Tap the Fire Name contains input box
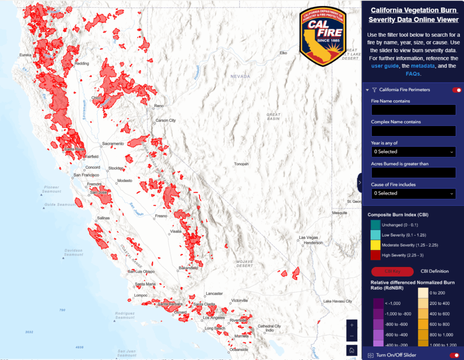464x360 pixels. click(413, 110)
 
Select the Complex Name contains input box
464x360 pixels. click(413, 131)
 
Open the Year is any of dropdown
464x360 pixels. click(413, 151)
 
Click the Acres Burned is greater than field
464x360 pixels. click(413, 173)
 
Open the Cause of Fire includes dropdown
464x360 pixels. click(413, 193)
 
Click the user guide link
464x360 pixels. click(385, 66)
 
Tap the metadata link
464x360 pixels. click(423, 66)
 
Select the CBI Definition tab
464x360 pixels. click(435, 271)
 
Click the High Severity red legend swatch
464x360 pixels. click(375, 255)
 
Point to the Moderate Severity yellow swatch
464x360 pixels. click(375, 245)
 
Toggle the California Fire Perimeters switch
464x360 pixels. click(457, 90)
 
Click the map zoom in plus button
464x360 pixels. click(352, 325)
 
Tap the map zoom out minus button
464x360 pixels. click(352, 336)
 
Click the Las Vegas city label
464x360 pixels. click(309, 238)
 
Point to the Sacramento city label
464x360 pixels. click(113, 144)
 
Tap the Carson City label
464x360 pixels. click(165, 121)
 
